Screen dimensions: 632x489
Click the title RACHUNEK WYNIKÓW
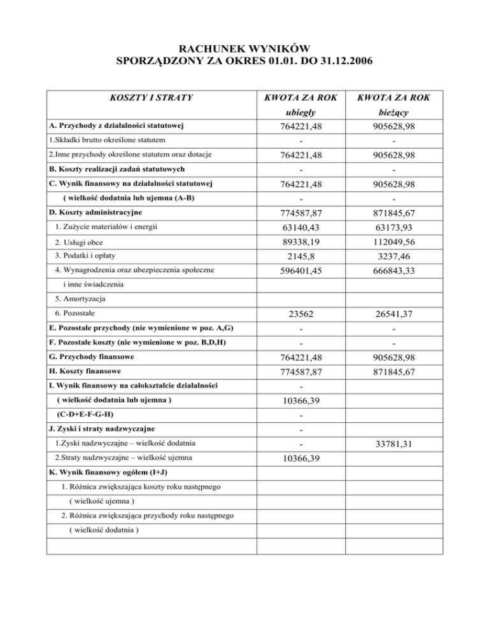(244, 48)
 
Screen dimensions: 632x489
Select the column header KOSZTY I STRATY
(151, 98)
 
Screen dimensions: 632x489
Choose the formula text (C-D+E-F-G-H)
(87, 415)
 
